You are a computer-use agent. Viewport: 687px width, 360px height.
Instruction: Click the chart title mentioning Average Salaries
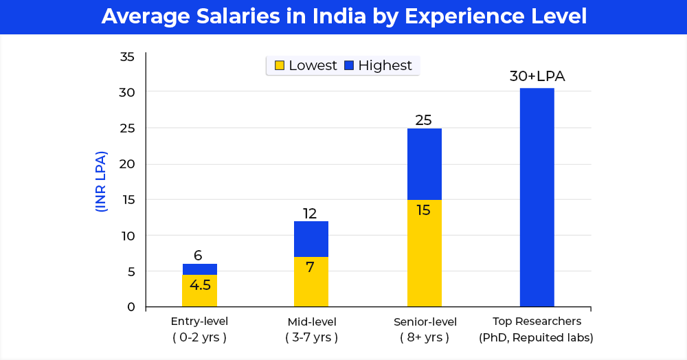tap(343, 16)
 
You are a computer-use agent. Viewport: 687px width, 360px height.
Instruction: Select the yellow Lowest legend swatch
tap(280, 66)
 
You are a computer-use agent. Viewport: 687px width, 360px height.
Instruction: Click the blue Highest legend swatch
tap(349, 66)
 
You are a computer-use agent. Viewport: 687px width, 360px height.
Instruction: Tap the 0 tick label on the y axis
tap(131, 307)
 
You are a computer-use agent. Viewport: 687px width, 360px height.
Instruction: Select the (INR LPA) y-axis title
tap(102, 181)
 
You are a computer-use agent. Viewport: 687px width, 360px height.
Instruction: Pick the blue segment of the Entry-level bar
tap(199, 269)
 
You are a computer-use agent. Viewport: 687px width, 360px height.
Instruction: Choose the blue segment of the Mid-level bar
tap(311, 238)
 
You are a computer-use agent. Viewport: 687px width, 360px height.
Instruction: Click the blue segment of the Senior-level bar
tap(425, 164)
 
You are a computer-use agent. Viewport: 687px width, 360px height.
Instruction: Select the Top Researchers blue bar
tap(537, 197)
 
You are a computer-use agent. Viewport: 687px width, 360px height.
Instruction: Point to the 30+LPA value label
tap(537, 76)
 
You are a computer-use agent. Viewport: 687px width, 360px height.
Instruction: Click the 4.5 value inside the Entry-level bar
tap(200, 285)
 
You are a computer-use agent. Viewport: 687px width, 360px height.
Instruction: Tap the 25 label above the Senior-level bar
tap(424, 120)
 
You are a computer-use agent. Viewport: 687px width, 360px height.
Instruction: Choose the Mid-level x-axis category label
tap(311, 329)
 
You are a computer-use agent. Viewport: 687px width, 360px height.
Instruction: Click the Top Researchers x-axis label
tap(537, 329)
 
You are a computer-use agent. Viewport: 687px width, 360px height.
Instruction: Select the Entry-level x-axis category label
tap(199, 329)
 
